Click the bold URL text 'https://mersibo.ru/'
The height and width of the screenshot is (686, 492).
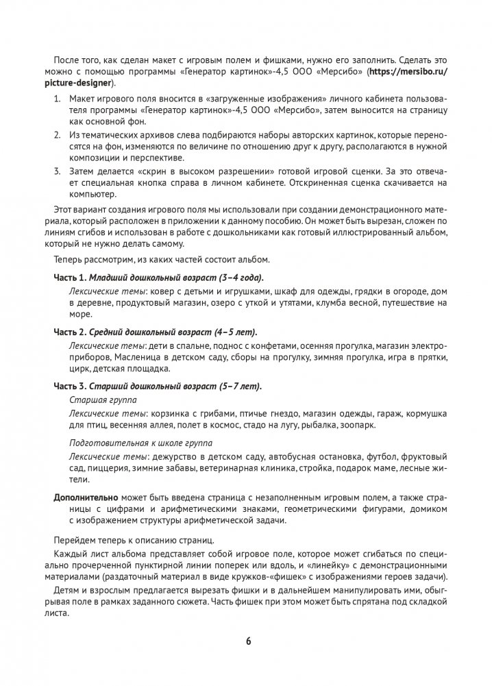pyautogui.click(x=408, y=71)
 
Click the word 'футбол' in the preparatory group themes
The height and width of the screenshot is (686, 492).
pyautogui.click(x=382, y=456)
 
